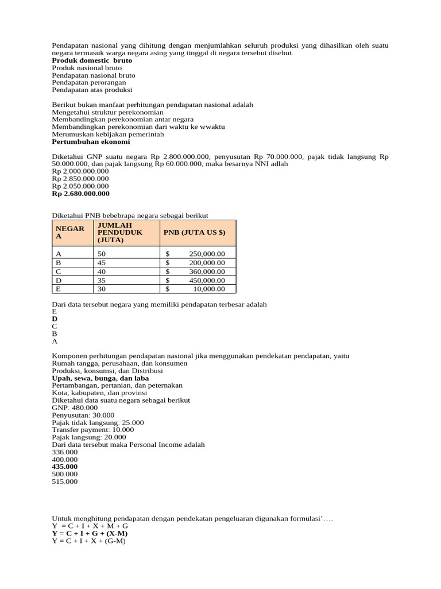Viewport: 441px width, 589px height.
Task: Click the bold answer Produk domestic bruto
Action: pos(92,60)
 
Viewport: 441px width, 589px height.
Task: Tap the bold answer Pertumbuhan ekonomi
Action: pos(91,141)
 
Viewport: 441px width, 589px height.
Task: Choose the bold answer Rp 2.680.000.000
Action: pos(80,193)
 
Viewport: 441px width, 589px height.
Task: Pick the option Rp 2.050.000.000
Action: pos(80,186)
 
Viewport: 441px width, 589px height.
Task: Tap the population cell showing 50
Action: pos(102,254)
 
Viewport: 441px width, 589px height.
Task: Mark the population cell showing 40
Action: pos(102,271)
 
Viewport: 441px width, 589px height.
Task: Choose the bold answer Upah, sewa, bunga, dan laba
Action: pos(100,378)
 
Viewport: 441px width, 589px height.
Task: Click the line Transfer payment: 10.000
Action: pos(92,430)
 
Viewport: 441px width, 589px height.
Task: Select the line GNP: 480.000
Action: pos(75,407)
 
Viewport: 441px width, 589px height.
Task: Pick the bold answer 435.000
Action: pos(64,466)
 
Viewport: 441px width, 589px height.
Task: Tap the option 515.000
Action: pos(64,481)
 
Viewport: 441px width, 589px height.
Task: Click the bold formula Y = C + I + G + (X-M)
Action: pos(90,534)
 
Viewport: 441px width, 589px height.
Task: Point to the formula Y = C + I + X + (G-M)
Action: pos(88,541)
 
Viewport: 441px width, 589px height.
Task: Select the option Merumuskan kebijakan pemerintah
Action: pos(107,134)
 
